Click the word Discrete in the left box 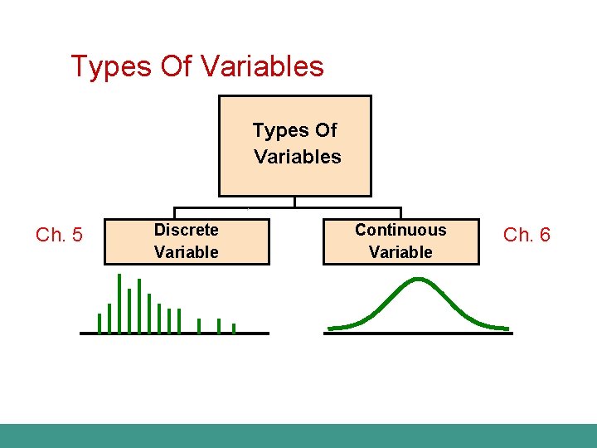pos(187,230)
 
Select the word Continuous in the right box pos(400,230)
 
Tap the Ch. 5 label pos(59,236)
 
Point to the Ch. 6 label pos(527,236)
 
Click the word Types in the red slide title pos(111,66)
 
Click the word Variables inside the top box pos(297,157)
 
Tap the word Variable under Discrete pos(187,252)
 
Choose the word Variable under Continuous pos(400,252)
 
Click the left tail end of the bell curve pos(330,328)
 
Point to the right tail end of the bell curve pos(507,328)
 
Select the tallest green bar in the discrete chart pos(119,303)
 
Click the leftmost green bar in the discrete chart pos(99,323)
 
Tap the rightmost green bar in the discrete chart pos(234,328)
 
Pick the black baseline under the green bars pos(174,334)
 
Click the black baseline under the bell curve pos(418,334)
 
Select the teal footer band pos(298,436)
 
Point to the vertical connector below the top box pos(294,202)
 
